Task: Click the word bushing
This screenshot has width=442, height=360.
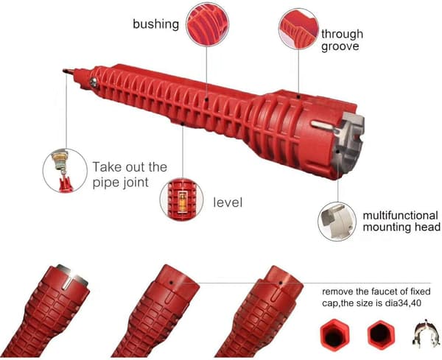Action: coord(156,24)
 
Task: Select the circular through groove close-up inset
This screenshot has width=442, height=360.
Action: coord(299,29)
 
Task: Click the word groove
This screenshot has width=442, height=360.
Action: coord(340,47)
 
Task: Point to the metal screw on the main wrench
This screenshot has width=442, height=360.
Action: coord(94,82)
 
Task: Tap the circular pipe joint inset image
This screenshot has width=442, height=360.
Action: coord(65,171)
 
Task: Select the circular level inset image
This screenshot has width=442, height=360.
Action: coord(182,200)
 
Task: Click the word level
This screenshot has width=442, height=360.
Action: coord(228,202)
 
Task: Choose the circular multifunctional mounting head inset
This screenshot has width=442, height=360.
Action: coord(337,222)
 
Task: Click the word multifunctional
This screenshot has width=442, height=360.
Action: coord(400,216)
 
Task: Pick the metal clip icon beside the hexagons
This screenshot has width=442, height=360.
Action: coord(427,333)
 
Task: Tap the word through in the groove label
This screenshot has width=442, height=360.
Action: coord(342,34)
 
